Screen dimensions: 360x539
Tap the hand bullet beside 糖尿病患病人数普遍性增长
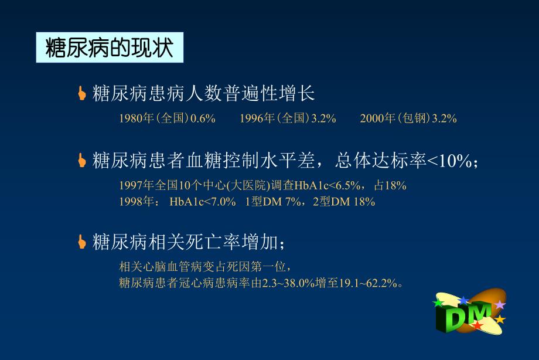pos(82,93)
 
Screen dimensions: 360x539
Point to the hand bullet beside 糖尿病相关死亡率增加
pos(82,241)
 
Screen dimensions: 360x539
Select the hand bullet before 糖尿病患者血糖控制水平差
pos(82,160)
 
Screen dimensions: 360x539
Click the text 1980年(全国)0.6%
pos(168,118)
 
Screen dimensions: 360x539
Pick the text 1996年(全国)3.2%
pos(288,118)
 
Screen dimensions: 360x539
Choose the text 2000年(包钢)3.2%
pos(408,118)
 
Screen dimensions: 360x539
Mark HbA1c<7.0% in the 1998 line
pos(203,202)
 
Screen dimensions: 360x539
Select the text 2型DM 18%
pos(343,202)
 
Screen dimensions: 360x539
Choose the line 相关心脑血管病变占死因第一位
pos(204,267)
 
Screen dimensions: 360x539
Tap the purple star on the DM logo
pos(500,305)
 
